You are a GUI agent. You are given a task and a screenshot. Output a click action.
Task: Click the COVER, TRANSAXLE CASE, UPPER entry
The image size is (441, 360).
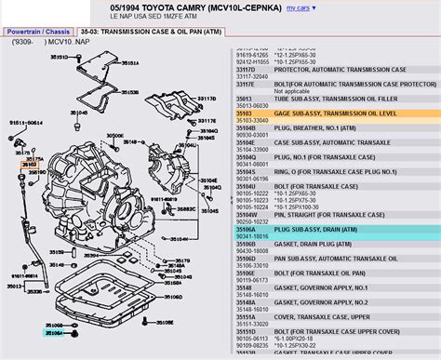tap(307, 317)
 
